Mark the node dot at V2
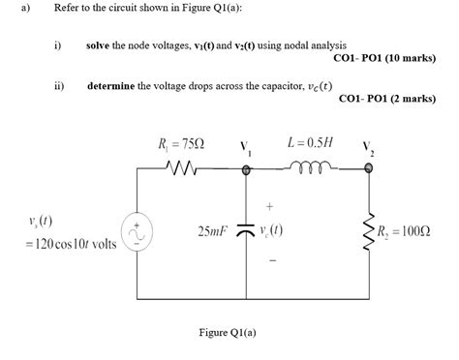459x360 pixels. [x=367, y=168]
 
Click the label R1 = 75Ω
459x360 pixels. [x=181, y=145]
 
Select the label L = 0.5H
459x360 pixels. [x=310, y=142]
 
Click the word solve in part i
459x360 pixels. [x=100, y=45]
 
